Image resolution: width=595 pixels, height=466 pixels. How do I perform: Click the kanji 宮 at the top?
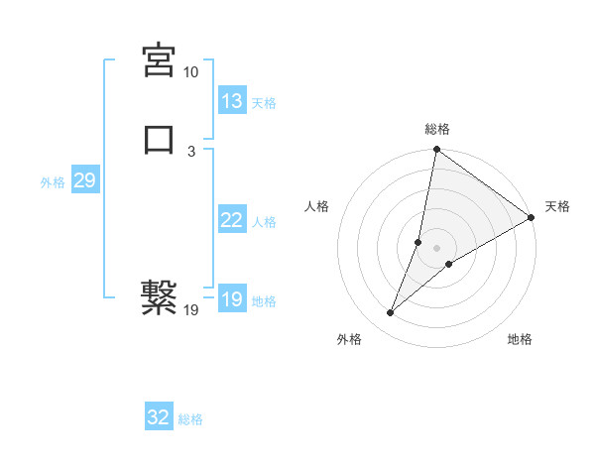click(x=160, y=60)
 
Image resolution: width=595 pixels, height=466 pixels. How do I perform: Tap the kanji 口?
click(x=160, y=139)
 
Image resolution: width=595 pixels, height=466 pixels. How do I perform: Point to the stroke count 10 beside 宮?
click(x=190, y=73)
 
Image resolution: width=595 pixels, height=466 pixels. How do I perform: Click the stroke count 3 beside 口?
click(x=190, y=152)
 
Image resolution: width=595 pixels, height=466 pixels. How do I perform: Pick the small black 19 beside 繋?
click(x=191, y=310)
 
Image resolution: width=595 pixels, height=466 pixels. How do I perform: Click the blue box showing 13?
click(x=232, y=101)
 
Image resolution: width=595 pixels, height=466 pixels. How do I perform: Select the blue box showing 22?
click(x=232, y=220)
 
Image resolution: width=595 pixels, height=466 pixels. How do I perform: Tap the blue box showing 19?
click(x=232, y=299)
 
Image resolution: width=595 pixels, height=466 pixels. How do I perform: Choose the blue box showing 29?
click(x=84, y=180)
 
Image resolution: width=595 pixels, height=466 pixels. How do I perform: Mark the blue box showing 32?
click(x=159, y=417)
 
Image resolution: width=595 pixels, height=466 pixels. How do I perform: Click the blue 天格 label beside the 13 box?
click(x=264, y=102)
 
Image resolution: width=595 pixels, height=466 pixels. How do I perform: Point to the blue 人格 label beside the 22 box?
click(x=264, y=221)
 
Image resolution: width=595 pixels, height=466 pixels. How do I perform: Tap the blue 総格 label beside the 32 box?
click(x=190, y=419)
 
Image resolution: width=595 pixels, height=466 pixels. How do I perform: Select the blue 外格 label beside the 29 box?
click(x=53, y=181)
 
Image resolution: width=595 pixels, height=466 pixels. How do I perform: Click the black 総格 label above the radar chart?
click(x=437, y=129)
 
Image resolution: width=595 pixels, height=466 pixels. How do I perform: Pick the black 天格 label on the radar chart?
click(x=557, y=206)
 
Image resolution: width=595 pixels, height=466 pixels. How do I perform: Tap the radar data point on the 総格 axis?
click(x=436, y=151)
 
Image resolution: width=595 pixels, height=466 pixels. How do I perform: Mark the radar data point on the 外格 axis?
click(x=391, y=313)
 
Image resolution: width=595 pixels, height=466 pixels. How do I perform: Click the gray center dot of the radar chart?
click(x=436, y=248)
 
